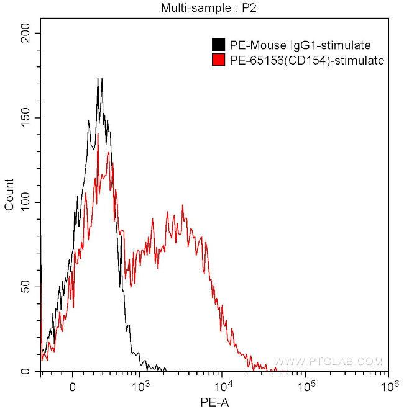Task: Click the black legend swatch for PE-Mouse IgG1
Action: click(x=218, y=45)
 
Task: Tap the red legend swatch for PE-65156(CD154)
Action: click(x=218, y=60)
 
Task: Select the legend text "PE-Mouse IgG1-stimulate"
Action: click(x=300, y=45)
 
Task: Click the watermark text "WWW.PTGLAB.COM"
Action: click(x=329, y=361)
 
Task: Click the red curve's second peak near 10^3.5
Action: click(x=183, y=205)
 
